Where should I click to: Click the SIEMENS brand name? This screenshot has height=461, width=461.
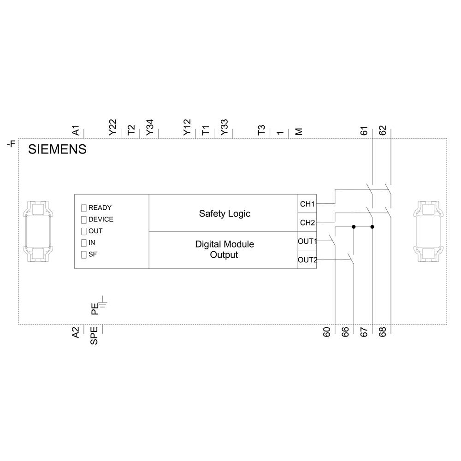(57, 149)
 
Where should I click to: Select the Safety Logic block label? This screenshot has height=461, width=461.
(225, 213)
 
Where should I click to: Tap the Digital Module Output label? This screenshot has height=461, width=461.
(225, 249)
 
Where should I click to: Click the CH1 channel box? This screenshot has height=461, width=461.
(307, 204)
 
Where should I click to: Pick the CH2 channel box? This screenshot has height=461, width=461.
(307, 223)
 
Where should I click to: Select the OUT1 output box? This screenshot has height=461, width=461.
(307, 241)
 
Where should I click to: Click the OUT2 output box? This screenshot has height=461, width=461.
(307, 260)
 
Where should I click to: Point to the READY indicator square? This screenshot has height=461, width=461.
(84, 208)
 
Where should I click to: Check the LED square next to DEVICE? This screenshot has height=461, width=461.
(84, 219)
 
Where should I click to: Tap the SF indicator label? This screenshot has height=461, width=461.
(92, 254)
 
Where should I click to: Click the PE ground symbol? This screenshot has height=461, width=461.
(104, 303)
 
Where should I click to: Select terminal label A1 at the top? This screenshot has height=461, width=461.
(76, 130)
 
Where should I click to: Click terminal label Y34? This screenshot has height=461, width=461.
(150, 128)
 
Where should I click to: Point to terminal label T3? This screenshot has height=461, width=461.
(262, 130)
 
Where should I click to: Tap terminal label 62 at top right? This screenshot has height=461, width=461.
(383, 130)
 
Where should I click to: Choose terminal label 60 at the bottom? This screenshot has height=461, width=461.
(326, 332)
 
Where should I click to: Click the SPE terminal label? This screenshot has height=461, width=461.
(94, 336)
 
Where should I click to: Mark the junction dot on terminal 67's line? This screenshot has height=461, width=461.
(372, 227)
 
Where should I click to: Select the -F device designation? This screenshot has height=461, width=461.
(11, 144)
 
